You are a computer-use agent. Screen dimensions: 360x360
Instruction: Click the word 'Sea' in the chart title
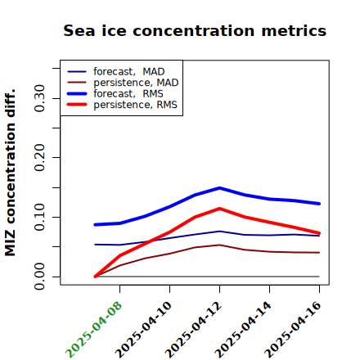(x=79, y=30)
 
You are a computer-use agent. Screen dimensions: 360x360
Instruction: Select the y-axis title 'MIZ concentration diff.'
(x=10, y=173)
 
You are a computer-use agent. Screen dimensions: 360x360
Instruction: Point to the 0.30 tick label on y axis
(x=40, y=98)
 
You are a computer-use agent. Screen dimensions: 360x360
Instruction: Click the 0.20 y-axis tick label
(x=40, y=158)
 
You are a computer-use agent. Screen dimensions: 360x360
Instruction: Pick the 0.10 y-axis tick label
(x=40, y=217)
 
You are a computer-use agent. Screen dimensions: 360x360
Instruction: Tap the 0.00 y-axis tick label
(x=40, y=277)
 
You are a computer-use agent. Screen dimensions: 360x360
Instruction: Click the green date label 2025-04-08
(x=93, y=330)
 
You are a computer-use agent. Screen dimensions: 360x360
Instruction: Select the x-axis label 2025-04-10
(x=143, y=330)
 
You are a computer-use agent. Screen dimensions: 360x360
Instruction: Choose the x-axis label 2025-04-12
(x=193, y=330)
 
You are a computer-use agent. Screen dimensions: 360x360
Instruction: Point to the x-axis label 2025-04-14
(x=243, y=330)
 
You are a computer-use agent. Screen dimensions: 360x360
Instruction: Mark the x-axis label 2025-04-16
(x=293, y=330)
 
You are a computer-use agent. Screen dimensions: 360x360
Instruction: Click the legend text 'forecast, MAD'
(x=129, y=71)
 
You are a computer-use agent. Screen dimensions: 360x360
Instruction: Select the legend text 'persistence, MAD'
(x=136, y=83)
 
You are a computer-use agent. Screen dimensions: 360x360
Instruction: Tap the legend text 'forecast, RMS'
(x=128, y=93)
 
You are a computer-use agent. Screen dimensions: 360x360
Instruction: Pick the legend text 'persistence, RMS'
(x=135, y=105)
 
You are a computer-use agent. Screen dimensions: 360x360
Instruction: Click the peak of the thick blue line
(x=219, y=188)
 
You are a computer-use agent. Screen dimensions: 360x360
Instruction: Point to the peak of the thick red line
(x=219, y=209)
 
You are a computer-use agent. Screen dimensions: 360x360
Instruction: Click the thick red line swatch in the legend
(x=77, y=105)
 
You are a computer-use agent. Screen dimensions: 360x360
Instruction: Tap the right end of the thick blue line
(x=319, y=204)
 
